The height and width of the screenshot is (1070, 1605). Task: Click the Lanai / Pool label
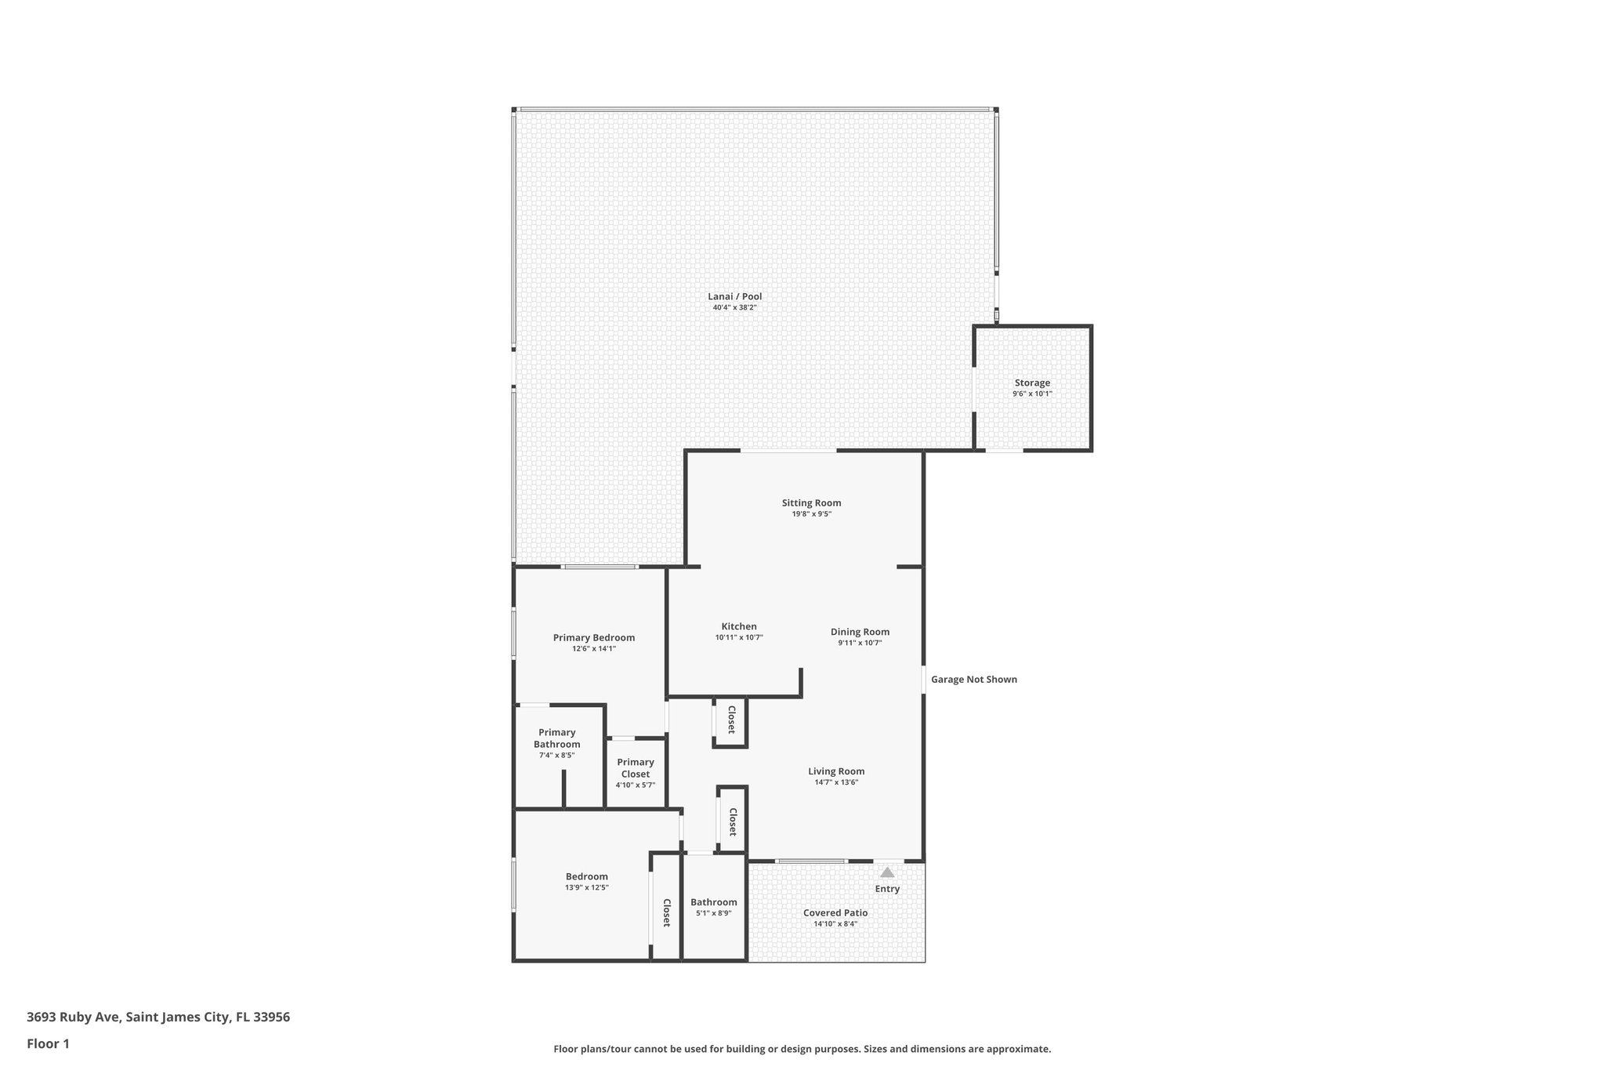(734, 296)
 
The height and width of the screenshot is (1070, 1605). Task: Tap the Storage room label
(1032, 383)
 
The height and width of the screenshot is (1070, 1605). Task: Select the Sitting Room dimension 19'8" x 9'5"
(811, 514)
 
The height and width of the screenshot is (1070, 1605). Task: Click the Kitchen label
(739, 626)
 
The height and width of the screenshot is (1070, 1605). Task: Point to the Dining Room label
(860, 632)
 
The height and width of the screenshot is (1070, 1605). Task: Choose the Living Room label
(836, 771)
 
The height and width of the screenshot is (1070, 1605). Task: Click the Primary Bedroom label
(594, 637)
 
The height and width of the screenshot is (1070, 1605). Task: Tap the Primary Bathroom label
(557, 738)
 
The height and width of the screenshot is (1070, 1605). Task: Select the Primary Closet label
(636, 768)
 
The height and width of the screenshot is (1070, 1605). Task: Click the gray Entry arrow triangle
(887, 872)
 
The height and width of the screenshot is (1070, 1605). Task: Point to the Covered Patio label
(835, 912)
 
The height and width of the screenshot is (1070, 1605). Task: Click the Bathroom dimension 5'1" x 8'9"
(714, 913)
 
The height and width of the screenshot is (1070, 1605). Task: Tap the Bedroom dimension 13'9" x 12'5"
(587, 887)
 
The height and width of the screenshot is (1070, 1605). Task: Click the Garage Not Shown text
(974, 680)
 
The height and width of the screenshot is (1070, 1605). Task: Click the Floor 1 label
(48, 1043)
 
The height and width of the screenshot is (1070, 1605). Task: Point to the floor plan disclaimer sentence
(802, 1049)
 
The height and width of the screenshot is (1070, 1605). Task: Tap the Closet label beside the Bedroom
(667, 912)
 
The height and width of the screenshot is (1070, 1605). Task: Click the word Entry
(887, 889)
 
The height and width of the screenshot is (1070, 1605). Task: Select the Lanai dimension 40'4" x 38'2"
(734, 308)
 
